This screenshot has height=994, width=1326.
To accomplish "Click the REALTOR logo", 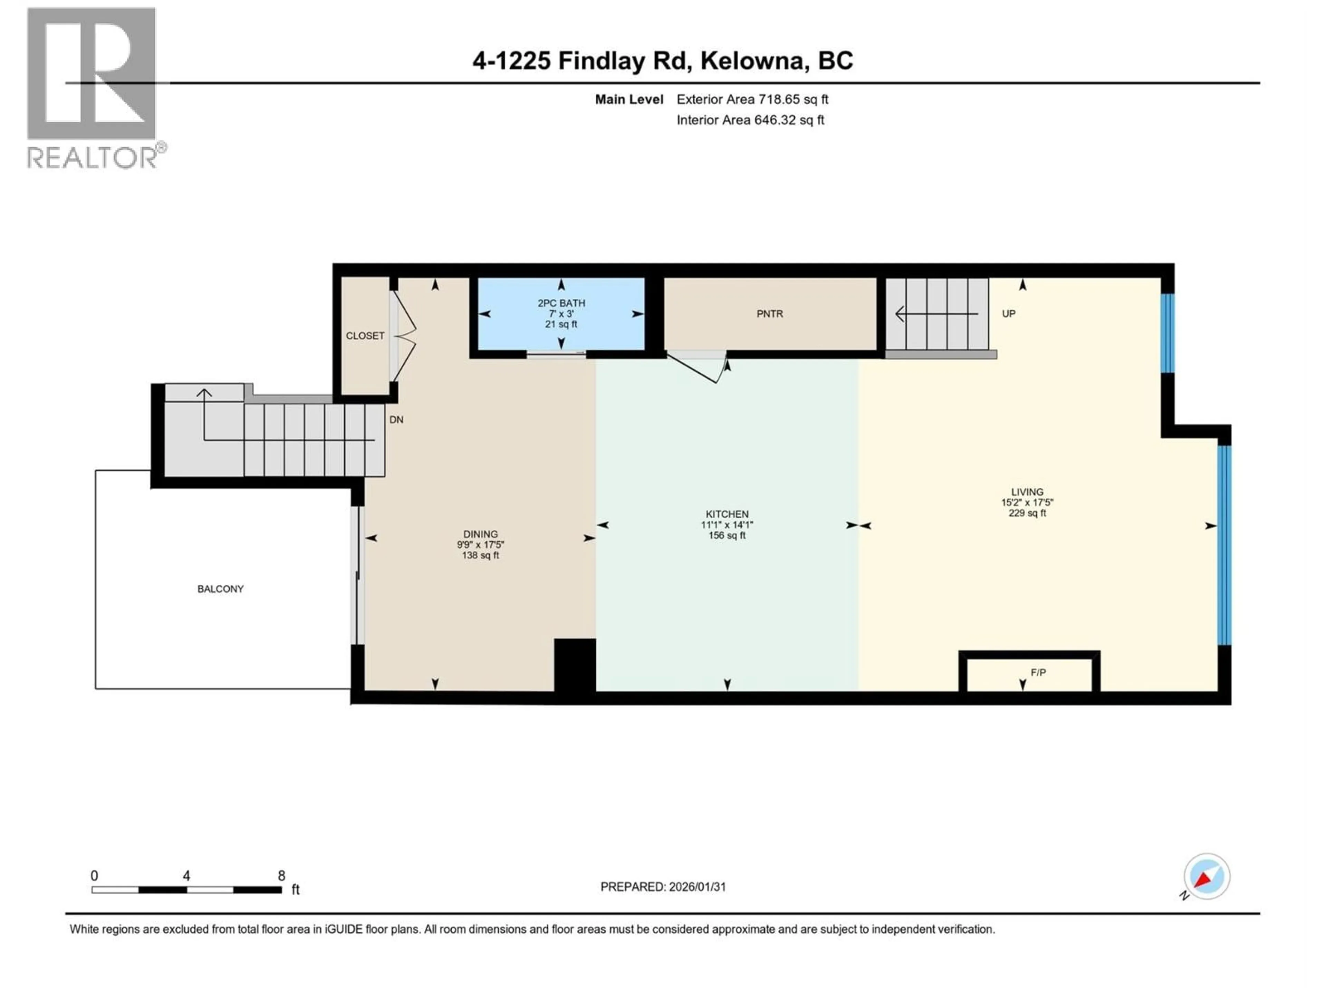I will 93,87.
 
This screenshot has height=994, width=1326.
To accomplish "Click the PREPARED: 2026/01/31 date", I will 663,887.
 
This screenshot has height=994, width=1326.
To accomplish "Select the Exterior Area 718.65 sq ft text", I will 752,99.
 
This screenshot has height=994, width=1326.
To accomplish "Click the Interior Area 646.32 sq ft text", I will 750,120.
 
